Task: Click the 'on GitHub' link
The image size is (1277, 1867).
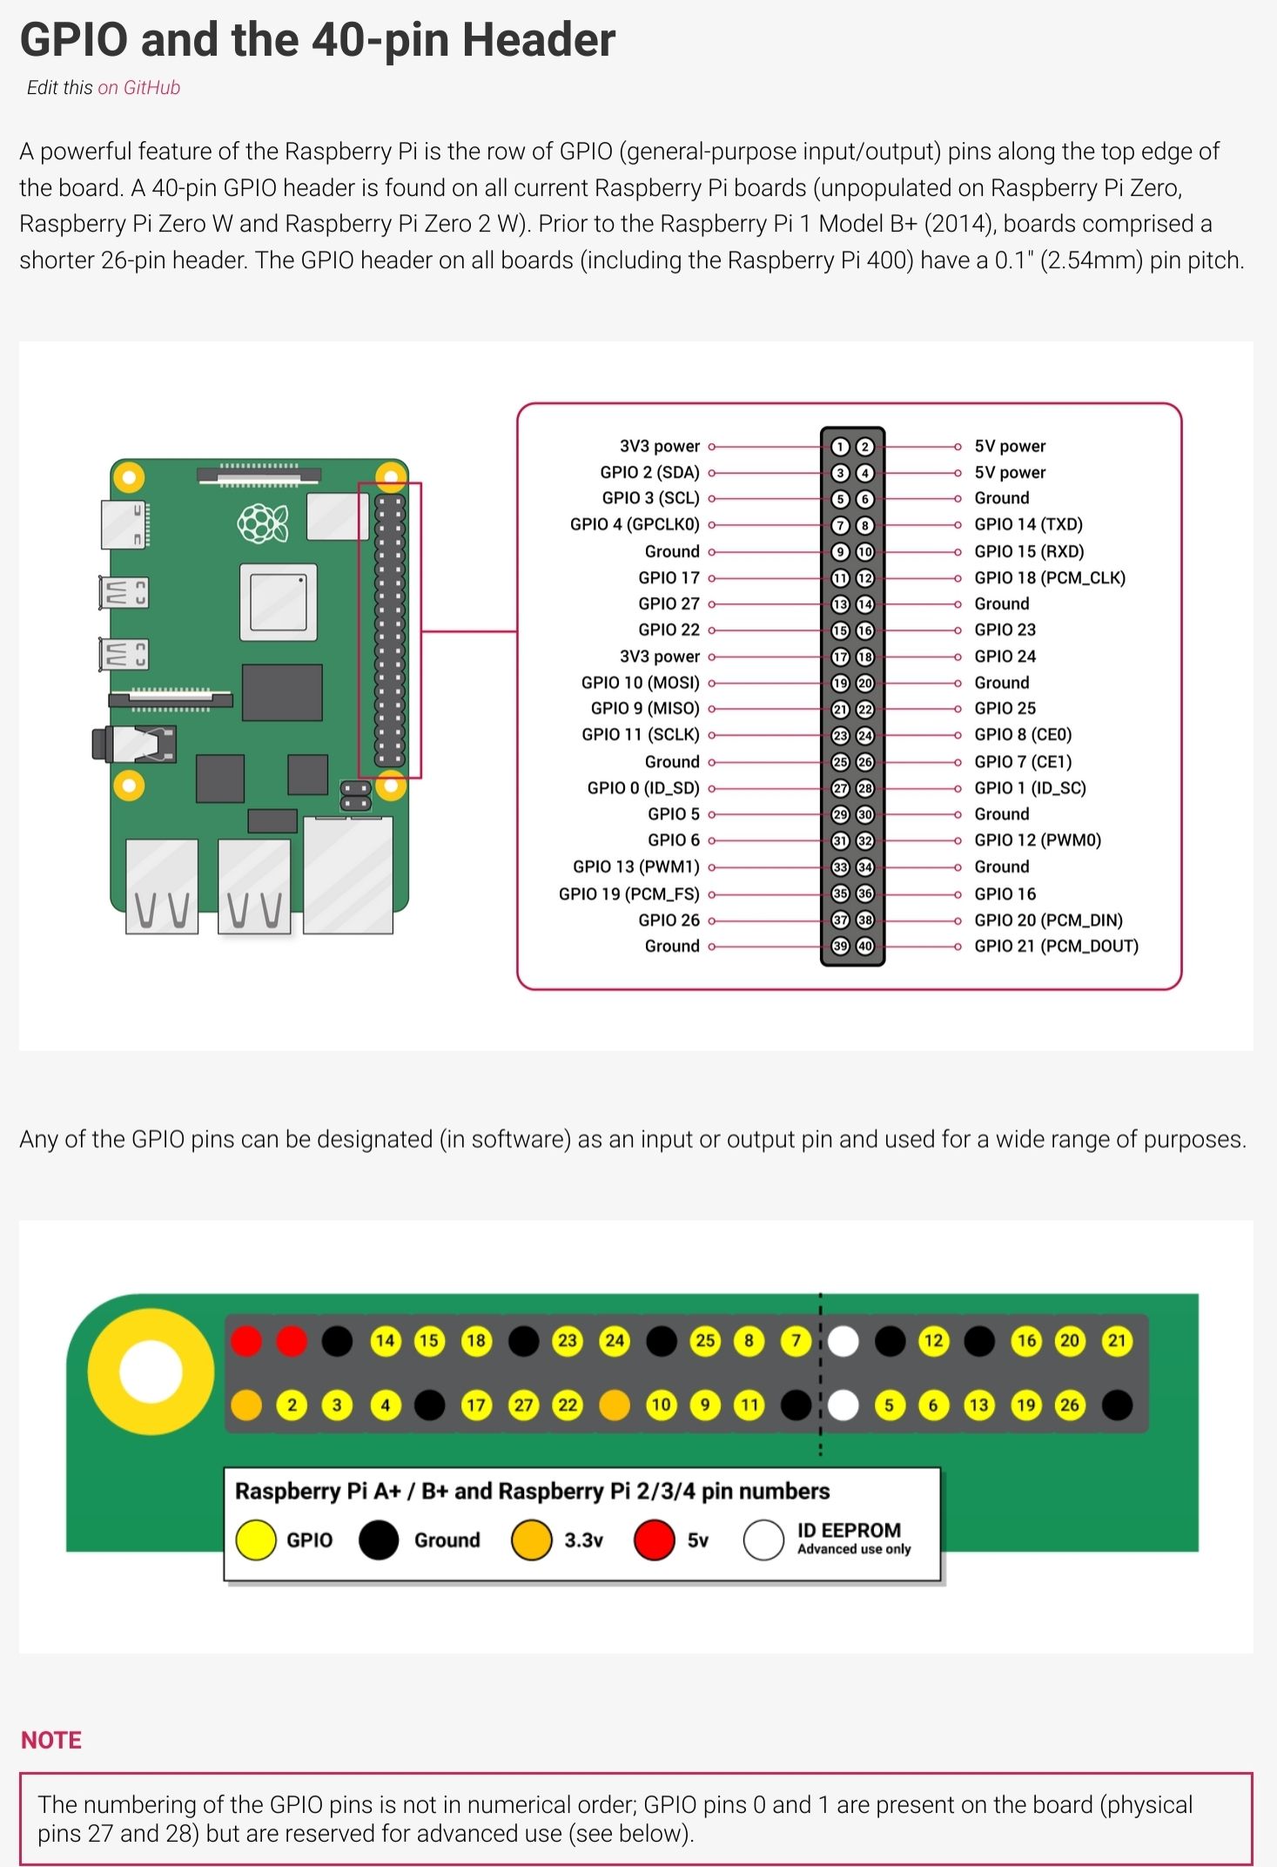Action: pyautogui.click(x=138, y=87)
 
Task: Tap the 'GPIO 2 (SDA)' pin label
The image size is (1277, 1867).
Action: pyautogui.click(x=649, y=472)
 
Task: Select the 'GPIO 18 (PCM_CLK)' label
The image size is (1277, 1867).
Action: pyautogui.click(x=1049, y=577)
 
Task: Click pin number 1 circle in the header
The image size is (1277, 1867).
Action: pyautogui.click(x=840, y=447)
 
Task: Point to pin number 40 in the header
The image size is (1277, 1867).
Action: pyautogui.click(x=865, y=947)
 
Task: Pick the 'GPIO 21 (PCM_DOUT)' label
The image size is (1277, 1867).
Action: pyautogui.click(x=1056, y=946)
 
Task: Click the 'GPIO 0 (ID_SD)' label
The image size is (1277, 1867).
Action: pyautogui.click(x=643, y=788)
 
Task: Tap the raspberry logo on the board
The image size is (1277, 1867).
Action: pyautogui.click(x=262, y=523)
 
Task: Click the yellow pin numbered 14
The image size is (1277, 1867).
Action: pyautogui.click(x=385, y=1341)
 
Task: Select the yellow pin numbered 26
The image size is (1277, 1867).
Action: pyautogui.click(x=1070, y=1405)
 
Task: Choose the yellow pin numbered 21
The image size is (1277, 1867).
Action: pyautogui.click(x=1117, y=1341)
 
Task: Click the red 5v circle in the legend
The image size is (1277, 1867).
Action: pyautogui.click(x=655, y=1540)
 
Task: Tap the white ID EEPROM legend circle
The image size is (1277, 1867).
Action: pyautogui.click(x=763, y=1540)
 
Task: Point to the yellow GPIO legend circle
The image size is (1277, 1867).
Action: pyautogui.click(x=256, y=1540)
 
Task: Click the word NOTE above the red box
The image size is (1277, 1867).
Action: pyautogui.click(x=51, y=1740)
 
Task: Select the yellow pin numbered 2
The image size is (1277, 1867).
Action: pyautogui.click(x=292, y=1405)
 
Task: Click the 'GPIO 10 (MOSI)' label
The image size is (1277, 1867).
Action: pyautogui.click(x=640, y=683)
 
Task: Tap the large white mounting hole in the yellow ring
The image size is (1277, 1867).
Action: pyautogui.click(x=151, y=1372)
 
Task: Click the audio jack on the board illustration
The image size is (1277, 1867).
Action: pyautogui.click(x=135, y=744)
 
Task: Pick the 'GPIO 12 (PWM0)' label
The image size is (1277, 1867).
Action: pyautogui.click(x=1038, y=840)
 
